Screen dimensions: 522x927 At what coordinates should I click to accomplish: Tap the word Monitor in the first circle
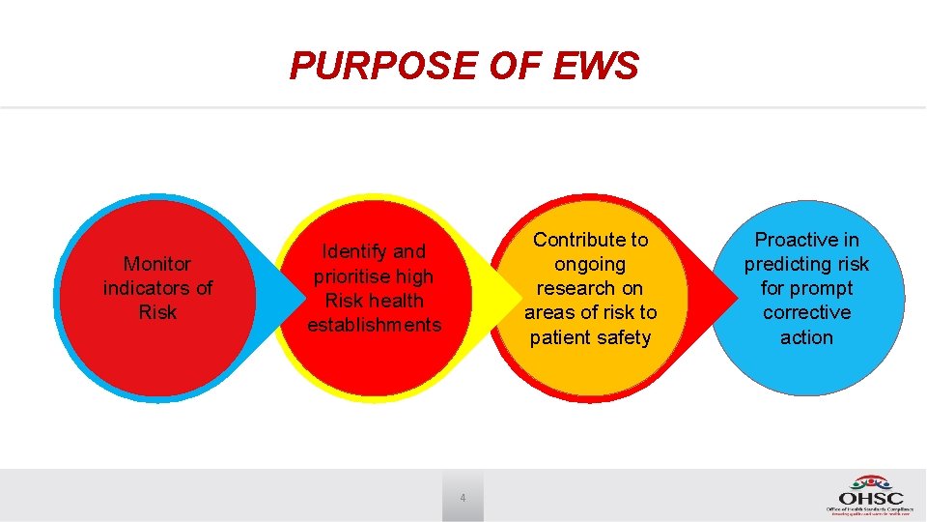tap(157, 263)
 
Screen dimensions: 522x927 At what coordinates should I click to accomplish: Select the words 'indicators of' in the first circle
tap(157, 288)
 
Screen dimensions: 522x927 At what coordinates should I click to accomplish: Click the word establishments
tap(374, 326)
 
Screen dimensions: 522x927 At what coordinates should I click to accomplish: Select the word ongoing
tap(590, 264)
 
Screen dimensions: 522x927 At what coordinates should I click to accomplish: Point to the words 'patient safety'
tap(590, 337)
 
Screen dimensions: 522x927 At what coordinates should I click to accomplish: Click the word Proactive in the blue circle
tap(806, 240)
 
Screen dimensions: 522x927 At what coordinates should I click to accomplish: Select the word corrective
tap(806, 312)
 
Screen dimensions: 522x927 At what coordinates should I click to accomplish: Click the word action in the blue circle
tap(806, 337)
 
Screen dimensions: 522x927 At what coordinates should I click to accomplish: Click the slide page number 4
tap(463, 498)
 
